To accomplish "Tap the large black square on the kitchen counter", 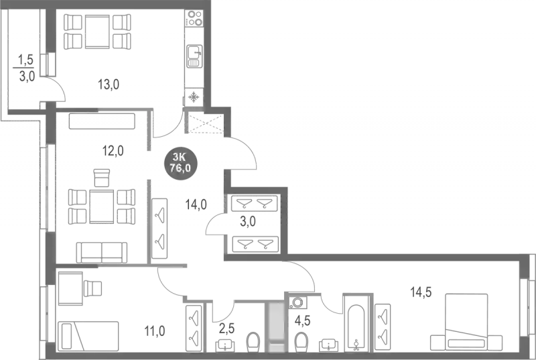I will point(99,31).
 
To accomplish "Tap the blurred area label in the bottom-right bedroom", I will point(421,292).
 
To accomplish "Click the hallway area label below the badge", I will point(196,202).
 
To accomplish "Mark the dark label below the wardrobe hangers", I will point(247,221).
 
